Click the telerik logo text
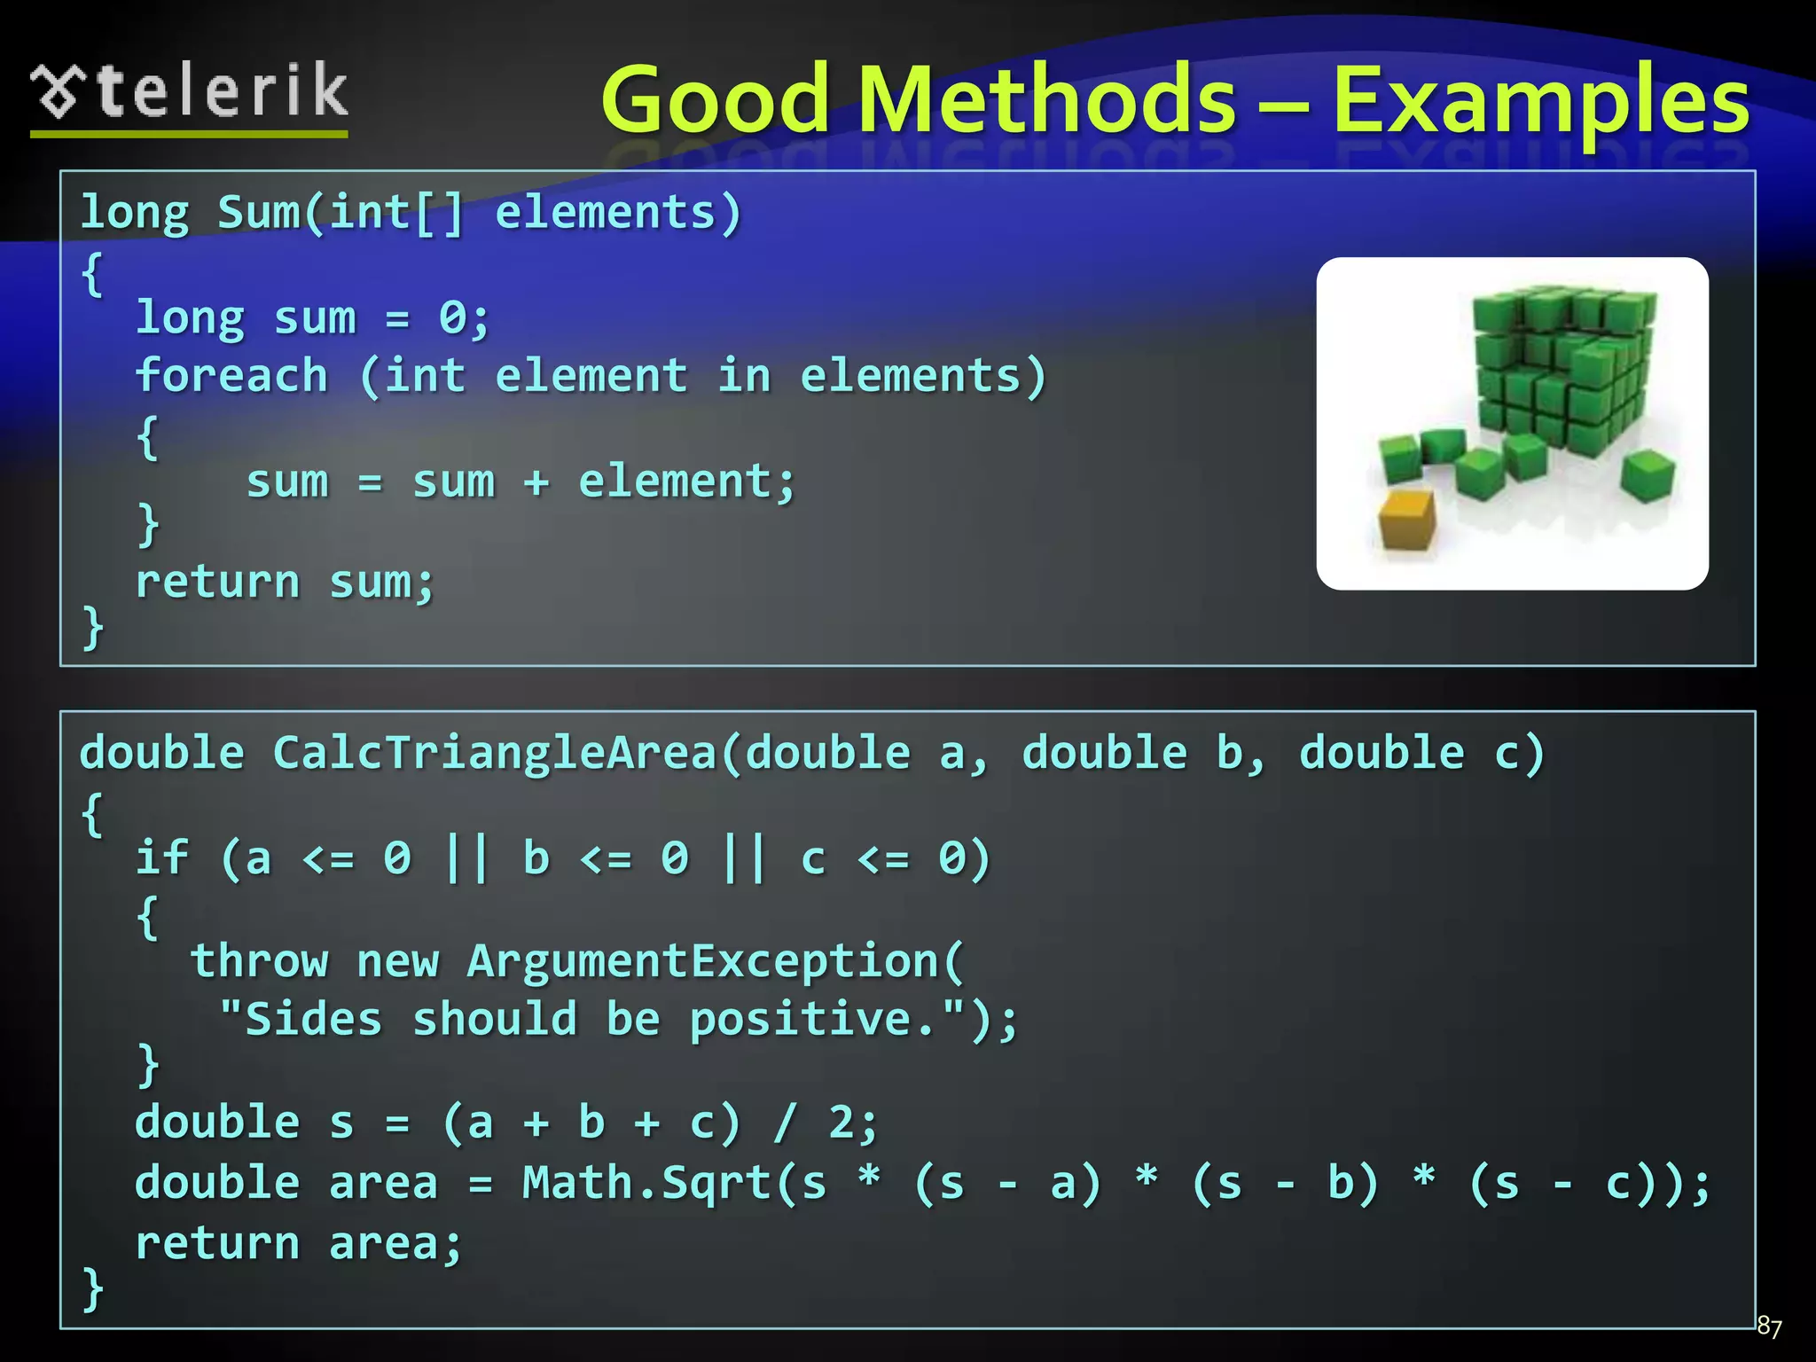tap(222, 92)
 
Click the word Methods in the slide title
tap(1046, 99)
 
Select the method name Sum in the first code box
tap(259, 213)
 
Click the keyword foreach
tap(231, 376)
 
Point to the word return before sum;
tap(217, 583)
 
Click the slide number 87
tap(1769, 1327)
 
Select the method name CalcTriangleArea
tap(495, 754)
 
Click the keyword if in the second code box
tap(161, 858)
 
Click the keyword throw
tap(259, 961)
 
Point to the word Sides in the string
tap(313, 1019)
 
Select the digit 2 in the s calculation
tap(840, 1123)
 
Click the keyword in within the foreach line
tap(743, 376)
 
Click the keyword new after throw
tap(397, 961)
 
